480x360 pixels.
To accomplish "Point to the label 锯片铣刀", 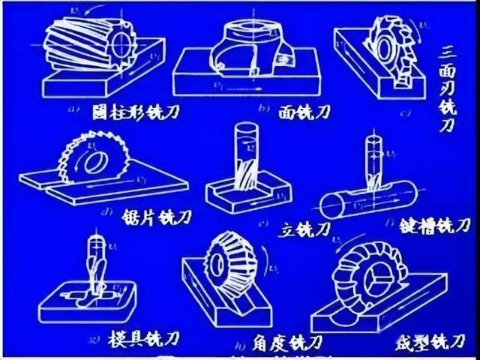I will tap(156, 217).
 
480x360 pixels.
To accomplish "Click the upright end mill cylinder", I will tap(247, 161).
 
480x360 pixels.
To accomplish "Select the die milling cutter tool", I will tap(96, 266).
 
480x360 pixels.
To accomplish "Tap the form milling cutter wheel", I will tap(368, 270).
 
